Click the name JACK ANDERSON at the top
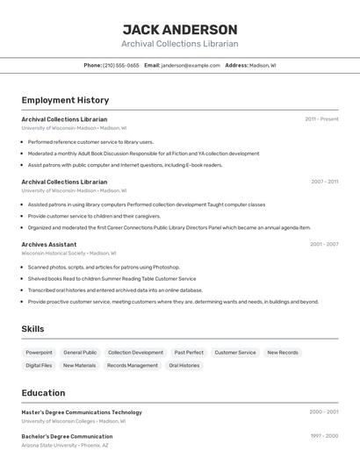coord(179,29)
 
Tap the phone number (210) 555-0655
coord(121,65)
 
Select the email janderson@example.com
coord(191,65)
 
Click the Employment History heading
coord(65,100)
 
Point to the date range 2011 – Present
coord(321,119)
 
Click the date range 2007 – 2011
coord(324,182)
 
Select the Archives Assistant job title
coord(49,244)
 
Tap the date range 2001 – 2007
coord(324,244)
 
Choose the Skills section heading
coord(33,329)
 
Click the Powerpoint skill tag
coord(39,352)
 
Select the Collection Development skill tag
coord(135,352)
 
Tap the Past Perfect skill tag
coord(189,352)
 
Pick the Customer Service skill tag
coord(235,352)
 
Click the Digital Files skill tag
coord(39,365)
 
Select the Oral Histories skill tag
coord(184,365)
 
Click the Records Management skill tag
coord(133,365)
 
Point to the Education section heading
coord(43,393)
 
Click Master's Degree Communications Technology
coord(82,411)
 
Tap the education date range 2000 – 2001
coord(324,411)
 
